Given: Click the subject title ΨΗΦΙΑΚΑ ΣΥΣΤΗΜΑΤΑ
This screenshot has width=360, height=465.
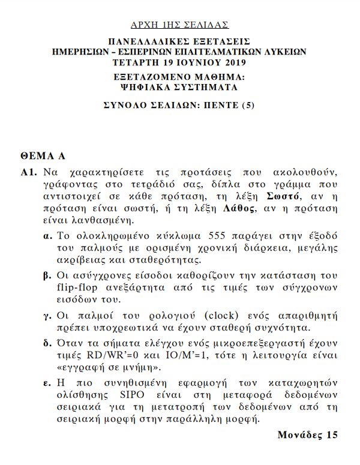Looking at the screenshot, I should pyautogui.click(x=179, y=87).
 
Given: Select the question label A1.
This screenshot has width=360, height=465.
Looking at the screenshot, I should pyautogui.click(x=28, y=172).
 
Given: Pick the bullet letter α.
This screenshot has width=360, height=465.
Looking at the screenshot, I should pyautogui.click(x=47, y=235).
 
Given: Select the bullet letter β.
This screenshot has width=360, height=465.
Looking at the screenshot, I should pyautogui.click(x=47, y=277).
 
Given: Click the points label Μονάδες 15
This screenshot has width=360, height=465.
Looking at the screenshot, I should pyautogui.click(x=308, y=435).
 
